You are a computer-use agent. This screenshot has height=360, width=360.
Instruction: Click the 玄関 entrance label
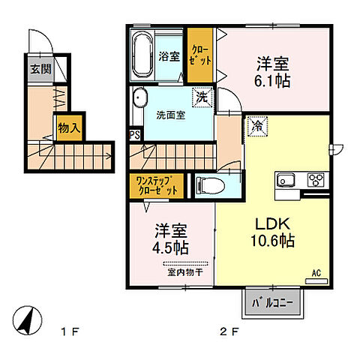pyautogui.click(x=40, y=69)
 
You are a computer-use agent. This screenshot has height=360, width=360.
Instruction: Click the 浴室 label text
pyautogui.click(x=169, y=56)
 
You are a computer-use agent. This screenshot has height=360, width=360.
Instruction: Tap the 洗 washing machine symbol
pyautogui.click(x=202, y=96)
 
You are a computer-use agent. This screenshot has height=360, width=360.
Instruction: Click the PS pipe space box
pyautogui.click(x=135, y=135)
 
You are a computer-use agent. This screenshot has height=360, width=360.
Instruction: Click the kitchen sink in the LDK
pyautogui.click(x=287, y=180)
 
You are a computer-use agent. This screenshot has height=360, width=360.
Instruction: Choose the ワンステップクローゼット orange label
pyautogui.click(x=157, y=185)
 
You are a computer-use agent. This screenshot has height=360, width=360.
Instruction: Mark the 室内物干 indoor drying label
pyautogui.click(x=181, y=272)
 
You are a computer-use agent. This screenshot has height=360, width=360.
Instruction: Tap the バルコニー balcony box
pyautogui.click(x=271, y=303)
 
